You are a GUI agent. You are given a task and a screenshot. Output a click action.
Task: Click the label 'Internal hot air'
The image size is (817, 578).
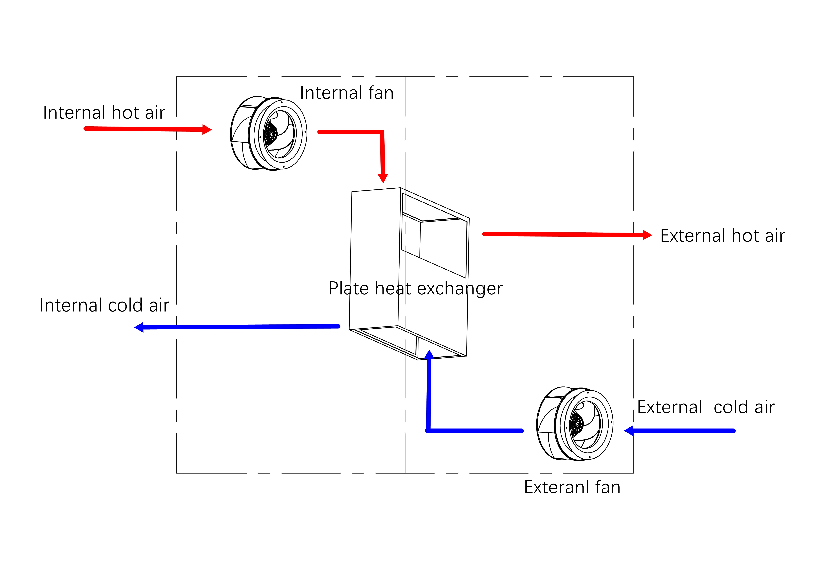pyautogui.click(x=104, y=113)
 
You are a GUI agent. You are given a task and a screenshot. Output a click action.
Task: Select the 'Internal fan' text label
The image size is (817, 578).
pyautogui.click(x=347, y=93)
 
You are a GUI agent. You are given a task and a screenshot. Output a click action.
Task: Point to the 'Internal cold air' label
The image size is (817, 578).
pyautogui.click(x=104, y=305)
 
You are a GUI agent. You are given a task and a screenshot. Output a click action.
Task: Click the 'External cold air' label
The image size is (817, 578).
pyautogui.click(x=706, y=407)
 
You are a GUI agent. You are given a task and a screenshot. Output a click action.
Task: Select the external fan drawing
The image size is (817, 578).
pyautogui.click(x=575, y=423)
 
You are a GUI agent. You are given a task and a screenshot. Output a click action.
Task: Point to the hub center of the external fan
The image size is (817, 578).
pyautogui.click(x=578, y=424)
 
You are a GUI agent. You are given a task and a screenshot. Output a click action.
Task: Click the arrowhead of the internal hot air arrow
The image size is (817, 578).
pyautogui.click(x=207, y=130)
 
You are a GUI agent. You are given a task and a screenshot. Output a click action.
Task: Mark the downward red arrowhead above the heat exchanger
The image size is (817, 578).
pyautogui.click(x=383, y=178)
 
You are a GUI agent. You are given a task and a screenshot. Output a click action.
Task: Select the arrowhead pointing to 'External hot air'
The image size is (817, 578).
pyautogui.click(x=647, y=235)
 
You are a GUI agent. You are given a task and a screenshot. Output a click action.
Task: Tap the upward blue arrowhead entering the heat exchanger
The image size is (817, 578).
pyautogui.click(x=429, y=354)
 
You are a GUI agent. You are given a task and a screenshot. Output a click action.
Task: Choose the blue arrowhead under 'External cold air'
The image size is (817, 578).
pyautogui.click(x=629, y=431)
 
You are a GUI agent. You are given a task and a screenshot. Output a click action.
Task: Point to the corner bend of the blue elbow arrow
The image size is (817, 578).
pyautogui.click(x=428, y=431)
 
